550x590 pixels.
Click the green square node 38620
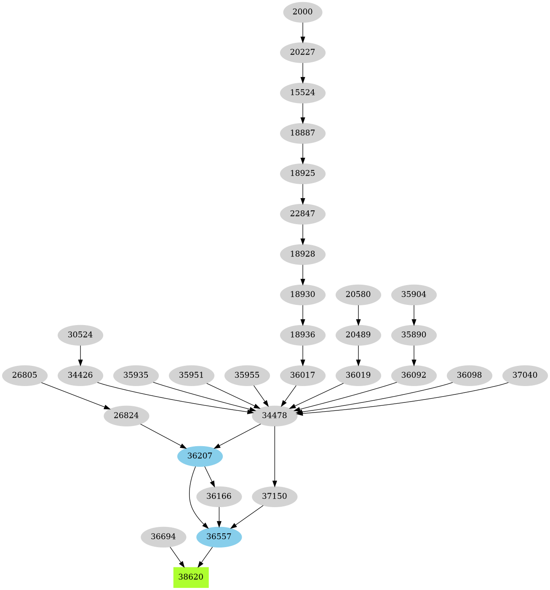click(x=191, y=577)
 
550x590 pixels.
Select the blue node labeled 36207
click(x=200, y=456)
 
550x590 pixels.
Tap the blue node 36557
click(x=219, y=537)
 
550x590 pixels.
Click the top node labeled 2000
click(x=302, y=12)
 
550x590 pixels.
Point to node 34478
click(x=275, y=415)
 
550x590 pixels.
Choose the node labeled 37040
click(x=525, y=375)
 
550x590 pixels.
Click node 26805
click(x=24, y=375)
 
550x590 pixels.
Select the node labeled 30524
click(x=80, y=335)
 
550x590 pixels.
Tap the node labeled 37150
click(x=275, y=496)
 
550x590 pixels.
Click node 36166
click(x=219, y=496)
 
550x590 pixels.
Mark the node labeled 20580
click(x=358, y=294)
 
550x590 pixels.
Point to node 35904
click(x=414, y=294)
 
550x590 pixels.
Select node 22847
click(x=302, y=214)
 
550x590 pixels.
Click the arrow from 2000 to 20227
click(x=302, y=32)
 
